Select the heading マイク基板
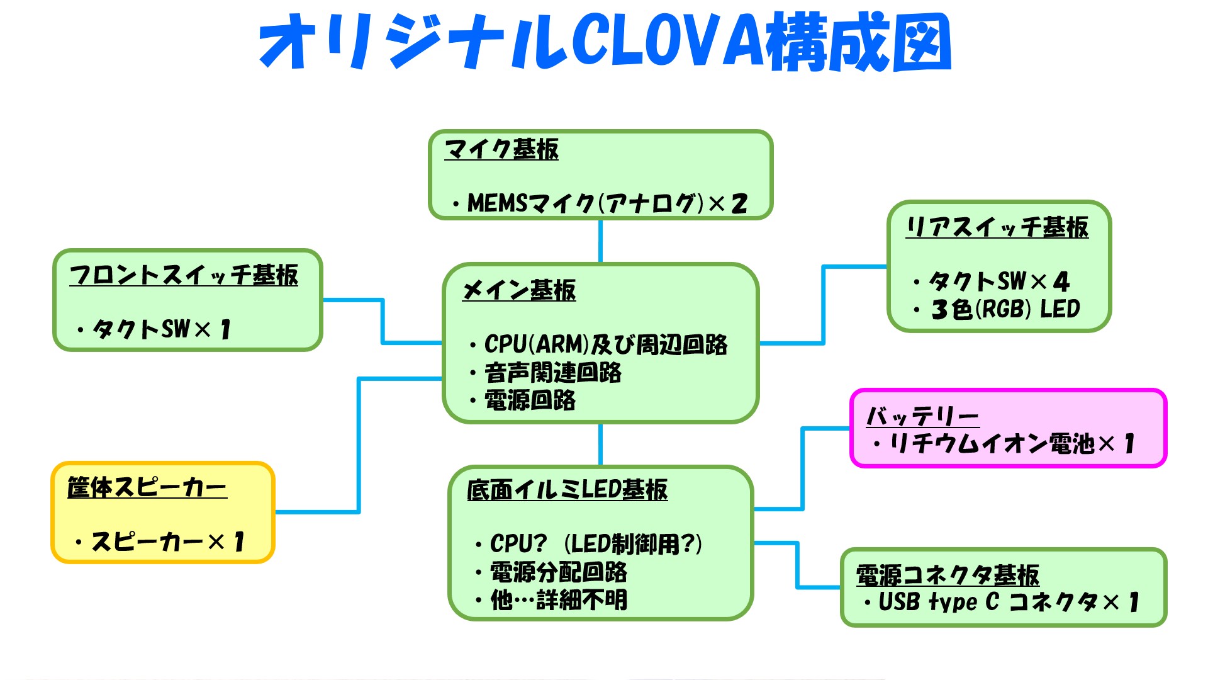[x=501, y=150]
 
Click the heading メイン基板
[x=519, y=290]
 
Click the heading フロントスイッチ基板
[x=184, y=275]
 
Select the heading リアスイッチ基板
[x=997, y=227]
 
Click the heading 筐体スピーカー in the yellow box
[x=147, y=487]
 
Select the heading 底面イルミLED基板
[x=567, y=490]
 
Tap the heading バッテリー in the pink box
[x=922, y=416]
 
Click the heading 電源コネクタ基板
[x=948, y=575]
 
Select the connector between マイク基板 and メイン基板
[x=600, y=241]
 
